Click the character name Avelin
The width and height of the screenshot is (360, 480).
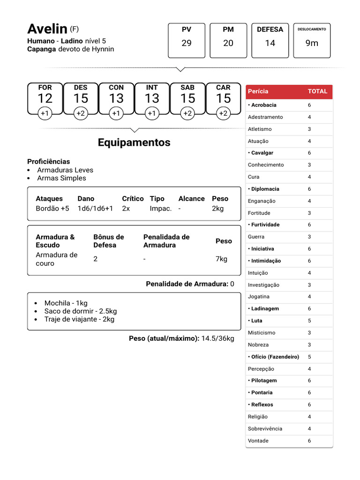click(x=47, y=29)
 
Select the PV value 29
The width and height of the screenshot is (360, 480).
click(x=187, y=43)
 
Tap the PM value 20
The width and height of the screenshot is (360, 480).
click(x=228, y=43)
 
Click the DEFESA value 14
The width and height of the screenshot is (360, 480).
click(x=270, y=43)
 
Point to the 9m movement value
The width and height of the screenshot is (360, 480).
click(x=312, y=43)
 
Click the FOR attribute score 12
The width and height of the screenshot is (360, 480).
click(x=45, y=98)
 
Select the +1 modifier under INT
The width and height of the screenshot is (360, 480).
click(x=152, y=113)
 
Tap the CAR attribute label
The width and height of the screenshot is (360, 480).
click(x=223, y=88)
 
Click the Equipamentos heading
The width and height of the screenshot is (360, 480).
click(x=134, y=142)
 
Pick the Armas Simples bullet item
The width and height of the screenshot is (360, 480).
click(x=61, y=178)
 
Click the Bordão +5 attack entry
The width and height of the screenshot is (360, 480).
click(x=52, y=209)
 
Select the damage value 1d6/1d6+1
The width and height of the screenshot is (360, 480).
click(x=95, y=209)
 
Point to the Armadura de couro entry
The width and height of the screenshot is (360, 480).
click(x=56, y=259)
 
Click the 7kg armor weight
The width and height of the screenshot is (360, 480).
click(x=221, y=259)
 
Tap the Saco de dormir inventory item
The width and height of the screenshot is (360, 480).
click(x=80, y=311)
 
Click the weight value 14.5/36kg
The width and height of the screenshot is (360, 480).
click(x=217, y=338)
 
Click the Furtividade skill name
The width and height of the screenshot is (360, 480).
click(x=265, y=225)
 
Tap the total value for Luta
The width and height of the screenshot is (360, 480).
click(x=309, y=321)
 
